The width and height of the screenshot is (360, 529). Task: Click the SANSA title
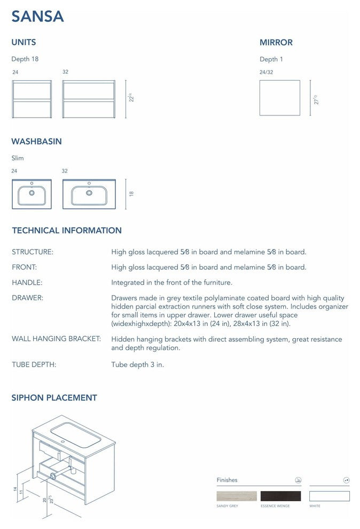click(38, 17)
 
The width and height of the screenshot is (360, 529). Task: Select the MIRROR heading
click(276, 43)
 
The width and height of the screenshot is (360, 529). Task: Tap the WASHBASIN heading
click(36, 142)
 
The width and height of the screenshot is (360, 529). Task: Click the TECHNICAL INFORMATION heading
click(67, 231)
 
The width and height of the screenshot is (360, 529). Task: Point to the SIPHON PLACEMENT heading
click(54, 398)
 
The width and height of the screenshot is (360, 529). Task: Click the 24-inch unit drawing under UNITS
click(32, 99)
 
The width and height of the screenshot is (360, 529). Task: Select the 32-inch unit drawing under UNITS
click(89, 99)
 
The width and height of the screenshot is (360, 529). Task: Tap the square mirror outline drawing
click(279, 98)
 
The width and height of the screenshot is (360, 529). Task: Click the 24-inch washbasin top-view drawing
click(32, 194)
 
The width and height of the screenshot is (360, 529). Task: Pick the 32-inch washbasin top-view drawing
click(89, 194)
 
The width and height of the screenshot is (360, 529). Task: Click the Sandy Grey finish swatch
click(237, 496)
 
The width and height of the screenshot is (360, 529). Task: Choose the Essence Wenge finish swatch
click(280, 496)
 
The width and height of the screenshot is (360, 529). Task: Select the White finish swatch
click(329, 496)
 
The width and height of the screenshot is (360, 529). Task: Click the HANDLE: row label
click(27, 282)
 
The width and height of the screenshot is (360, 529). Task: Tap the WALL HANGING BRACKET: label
click(56, 339)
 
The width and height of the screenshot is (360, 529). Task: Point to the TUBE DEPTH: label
click(34, 364)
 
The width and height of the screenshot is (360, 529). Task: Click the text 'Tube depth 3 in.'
click(137, 364)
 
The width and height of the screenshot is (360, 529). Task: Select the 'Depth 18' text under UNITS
click(25, 59)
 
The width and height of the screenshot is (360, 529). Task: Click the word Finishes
click(227, 480)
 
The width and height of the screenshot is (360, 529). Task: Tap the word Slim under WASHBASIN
click(18, 158)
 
